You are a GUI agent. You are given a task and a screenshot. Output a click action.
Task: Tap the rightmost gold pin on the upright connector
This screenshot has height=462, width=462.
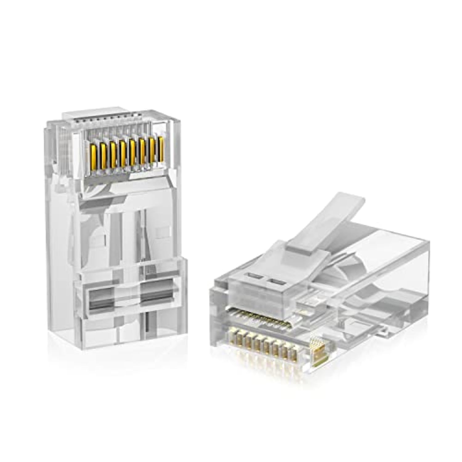[160, 149]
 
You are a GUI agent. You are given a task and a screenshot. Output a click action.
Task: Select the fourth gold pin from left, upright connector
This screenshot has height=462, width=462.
[123, 152]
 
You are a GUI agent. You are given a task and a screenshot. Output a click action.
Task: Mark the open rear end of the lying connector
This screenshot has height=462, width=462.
[400, 265]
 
